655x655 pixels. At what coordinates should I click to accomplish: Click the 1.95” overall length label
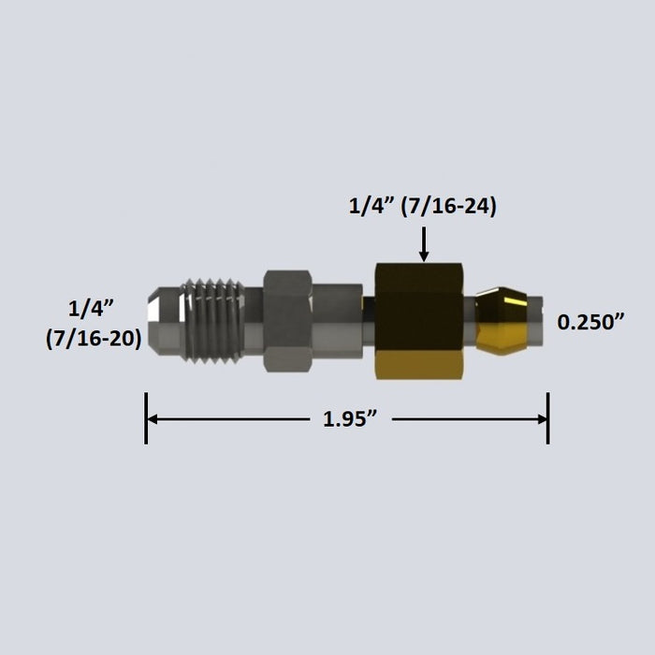coord(350,418)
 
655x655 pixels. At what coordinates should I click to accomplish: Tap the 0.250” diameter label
coord(590,322)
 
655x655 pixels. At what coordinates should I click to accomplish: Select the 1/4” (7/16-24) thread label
coord(423,207)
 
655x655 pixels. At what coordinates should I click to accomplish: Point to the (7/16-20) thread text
coord(94,339)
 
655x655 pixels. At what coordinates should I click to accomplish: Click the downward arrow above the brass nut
coord(424,244)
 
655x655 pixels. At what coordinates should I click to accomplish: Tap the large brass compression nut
coord(419,321)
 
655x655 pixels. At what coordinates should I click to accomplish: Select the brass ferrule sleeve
coord(502,320)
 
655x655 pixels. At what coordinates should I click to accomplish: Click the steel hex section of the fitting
coord(287,321)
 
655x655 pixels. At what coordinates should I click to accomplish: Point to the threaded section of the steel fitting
coord(211,321)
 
